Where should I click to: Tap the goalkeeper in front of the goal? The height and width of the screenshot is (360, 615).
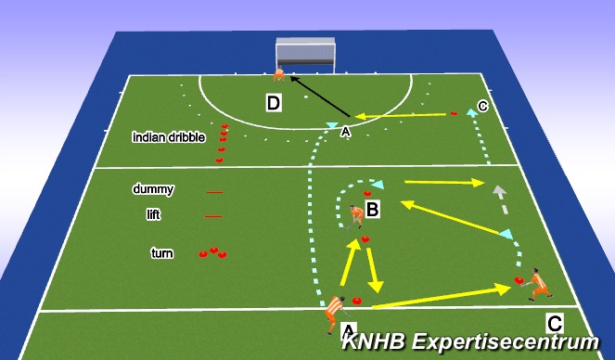pyautogui.click(x=278, y=75)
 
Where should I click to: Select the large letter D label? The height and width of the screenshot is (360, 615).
pyautogui.click(x=274, y=103)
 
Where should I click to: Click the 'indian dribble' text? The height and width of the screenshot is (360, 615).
pyautogui.click(x=169, y=137)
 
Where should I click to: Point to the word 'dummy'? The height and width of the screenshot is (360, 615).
pyautogui.click(x=153, y=189)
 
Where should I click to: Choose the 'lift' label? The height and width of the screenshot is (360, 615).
pyautogui.click(x=154, y=214)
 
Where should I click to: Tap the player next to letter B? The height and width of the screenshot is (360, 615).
pyautogui.click(x=357, y=216)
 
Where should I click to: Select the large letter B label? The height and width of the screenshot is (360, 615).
pyautogui.click(x=373, y=211)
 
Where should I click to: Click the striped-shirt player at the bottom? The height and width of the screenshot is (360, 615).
pyautogui.click(x=332, y=314)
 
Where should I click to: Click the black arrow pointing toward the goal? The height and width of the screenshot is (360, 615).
pyautogui.click(x=315, y=96)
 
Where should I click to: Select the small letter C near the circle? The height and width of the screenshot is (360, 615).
pyautogui.click(x=482, y=105)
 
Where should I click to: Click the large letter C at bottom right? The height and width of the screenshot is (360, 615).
pyautogui.click(x=555, y=324)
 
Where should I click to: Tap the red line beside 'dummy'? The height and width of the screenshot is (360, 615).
pyautogui.click(x=214, y=192)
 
